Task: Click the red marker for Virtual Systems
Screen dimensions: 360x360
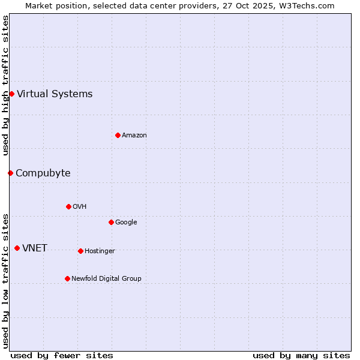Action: [11, 94]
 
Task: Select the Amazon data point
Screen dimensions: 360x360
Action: [118, 135]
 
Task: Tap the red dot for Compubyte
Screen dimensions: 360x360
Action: [10, 173]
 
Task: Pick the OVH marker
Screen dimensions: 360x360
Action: [68, 206]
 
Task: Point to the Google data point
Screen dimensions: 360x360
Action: [111, 222]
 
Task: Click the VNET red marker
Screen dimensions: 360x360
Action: [17, 248]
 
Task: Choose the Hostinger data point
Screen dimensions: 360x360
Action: [80, 251]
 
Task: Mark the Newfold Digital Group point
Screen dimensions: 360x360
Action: [67, 278]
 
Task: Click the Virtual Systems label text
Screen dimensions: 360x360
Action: [55, 94]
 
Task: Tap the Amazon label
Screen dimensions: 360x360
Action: [134, 136]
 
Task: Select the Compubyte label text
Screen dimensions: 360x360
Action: [43, 173]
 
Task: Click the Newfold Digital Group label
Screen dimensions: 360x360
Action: [106, 278]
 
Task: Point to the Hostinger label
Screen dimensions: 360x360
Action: [100, 251]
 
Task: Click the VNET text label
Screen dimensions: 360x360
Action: [35, 248]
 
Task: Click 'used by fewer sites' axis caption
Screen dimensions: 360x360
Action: [62, 355]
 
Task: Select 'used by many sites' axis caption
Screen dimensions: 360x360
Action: [301, 355]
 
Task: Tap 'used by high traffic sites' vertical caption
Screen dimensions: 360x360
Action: [5, 85]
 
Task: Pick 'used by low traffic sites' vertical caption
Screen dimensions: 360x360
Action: [5, 280]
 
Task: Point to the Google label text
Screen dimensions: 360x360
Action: [126, 223]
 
